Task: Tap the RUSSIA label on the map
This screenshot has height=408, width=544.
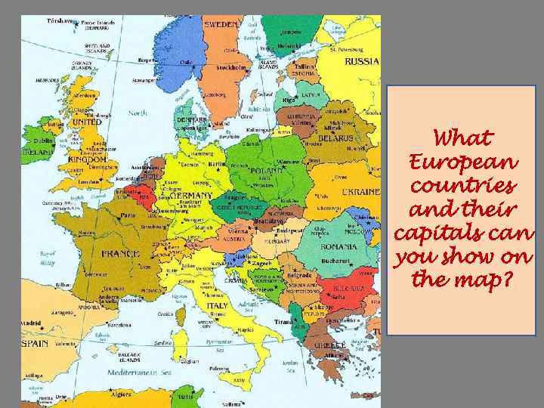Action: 362,61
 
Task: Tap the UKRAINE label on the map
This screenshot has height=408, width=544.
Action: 360,192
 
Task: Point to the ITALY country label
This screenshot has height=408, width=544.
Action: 217,306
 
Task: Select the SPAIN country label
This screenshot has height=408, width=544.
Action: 34,344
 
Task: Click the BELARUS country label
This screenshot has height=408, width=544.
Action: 336,139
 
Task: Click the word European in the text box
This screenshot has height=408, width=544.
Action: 463,162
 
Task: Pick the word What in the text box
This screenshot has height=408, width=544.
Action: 464,139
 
